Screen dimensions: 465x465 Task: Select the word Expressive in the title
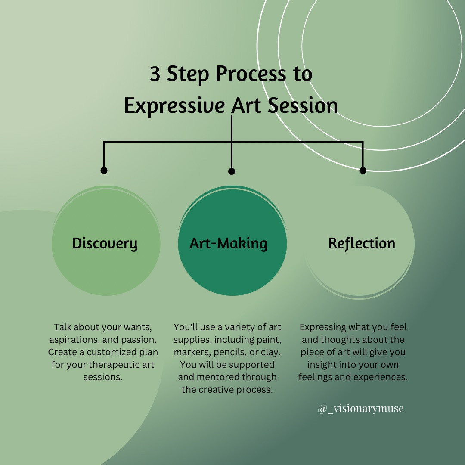174,106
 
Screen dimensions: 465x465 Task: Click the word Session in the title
303,105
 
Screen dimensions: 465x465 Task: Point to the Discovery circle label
105,244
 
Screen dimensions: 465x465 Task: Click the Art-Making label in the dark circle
228,244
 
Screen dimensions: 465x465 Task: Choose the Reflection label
362,243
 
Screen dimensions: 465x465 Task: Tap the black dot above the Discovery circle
104,170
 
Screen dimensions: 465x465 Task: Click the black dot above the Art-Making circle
232,171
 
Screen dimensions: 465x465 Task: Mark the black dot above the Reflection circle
363,170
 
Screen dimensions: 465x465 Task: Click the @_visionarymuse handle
361,408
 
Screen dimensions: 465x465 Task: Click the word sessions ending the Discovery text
102,377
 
